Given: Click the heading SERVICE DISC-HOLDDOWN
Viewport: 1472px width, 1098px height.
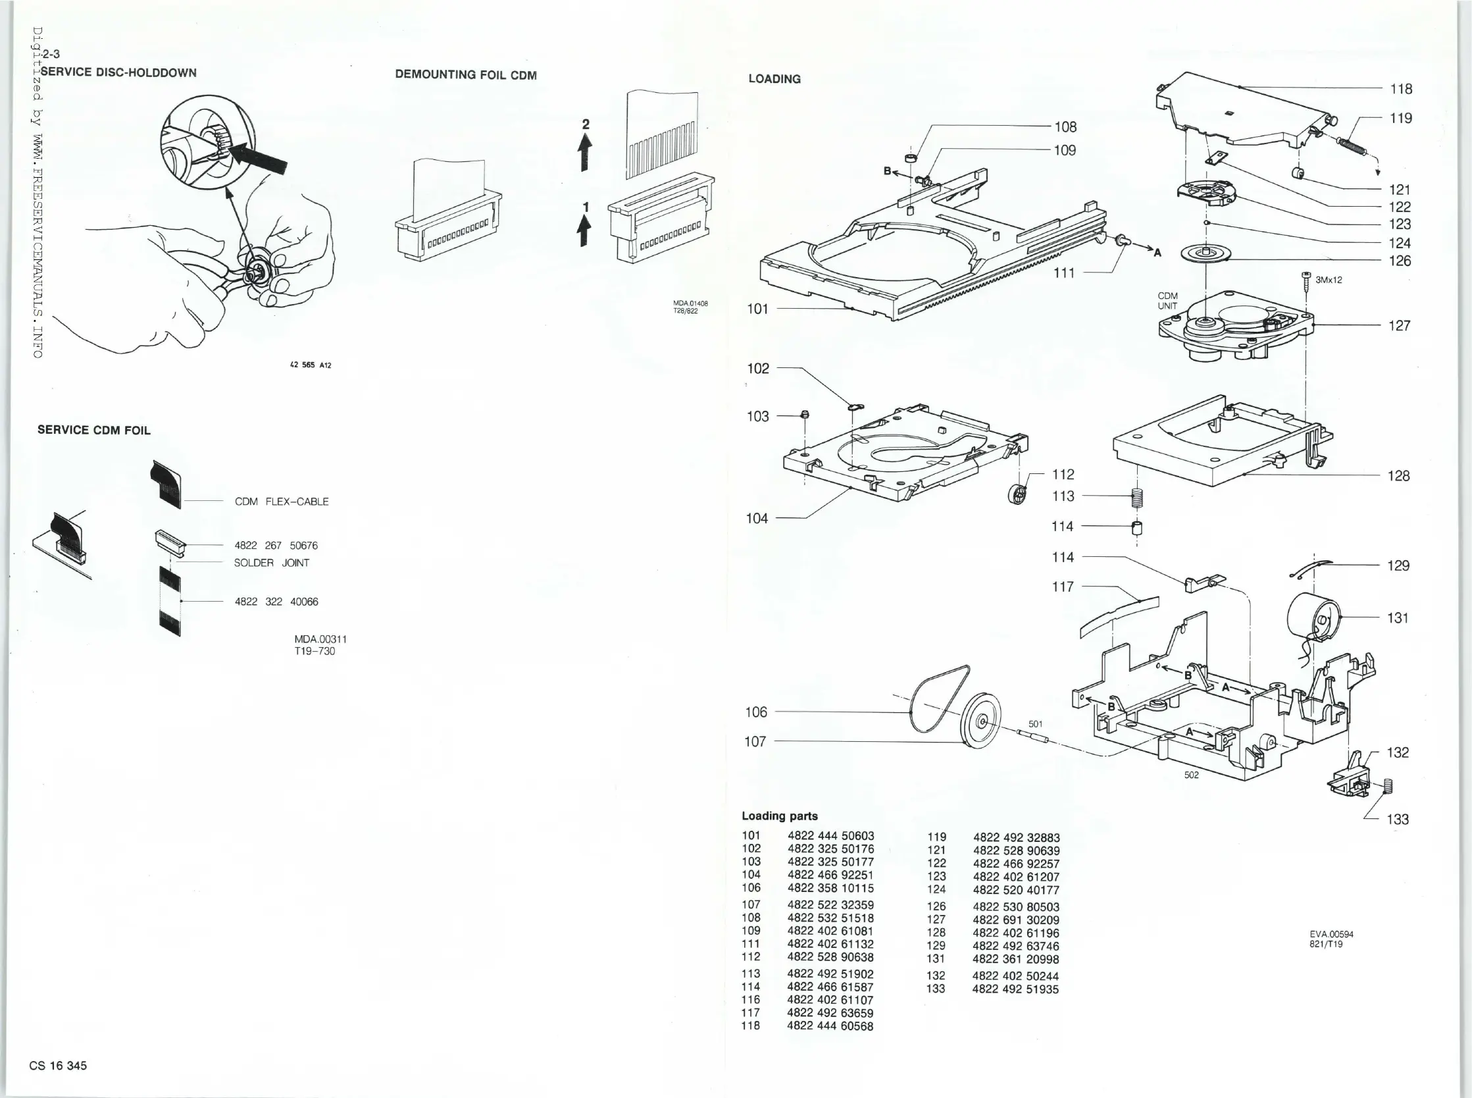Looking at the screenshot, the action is [x=118, y=72].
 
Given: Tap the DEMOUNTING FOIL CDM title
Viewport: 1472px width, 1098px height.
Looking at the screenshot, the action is [x=466, y=74].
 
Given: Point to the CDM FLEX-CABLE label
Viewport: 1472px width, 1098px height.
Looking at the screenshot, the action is [x=282, y=502].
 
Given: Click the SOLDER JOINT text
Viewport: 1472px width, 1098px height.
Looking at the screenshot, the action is [x=272, y=563].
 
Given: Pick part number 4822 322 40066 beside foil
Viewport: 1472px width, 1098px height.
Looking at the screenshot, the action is [x=276, y=602].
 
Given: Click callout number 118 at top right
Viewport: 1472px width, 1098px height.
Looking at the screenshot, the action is [x=1401, y=89].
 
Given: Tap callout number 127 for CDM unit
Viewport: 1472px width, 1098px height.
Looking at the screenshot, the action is [x=1399, y=326].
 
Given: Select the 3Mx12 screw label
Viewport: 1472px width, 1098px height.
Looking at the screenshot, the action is [x=1329, y=280].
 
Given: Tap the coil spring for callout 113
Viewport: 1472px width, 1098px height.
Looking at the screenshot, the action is [x=1137, y=497].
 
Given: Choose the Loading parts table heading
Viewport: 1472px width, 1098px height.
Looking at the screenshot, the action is [x=779, y=816].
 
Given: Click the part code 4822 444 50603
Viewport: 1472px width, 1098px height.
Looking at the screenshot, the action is [x=830, y=836].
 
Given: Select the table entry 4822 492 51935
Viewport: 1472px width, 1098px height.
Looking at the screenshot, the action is [x=1015, y=989].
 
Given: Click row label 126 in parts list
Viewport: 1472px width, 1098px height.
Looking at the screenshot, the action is [x=936, y=906].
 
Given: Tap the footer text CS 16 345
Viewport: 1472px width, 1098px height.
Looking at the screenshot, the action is [x=58, y=1066].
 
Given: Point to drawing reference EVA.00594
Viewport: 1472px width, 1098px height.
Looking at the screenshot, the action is [x=1331, y=934].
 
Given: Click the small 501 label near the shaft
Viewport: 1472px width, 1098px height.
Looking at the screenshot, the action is [x=1035, y=724].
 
